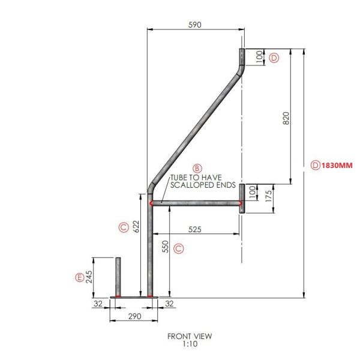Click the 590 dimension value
coord(194,25)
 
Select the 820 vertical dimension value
coord(286,118)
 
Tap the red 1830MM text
coord(337,166)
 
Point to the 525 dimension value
coord(194,229)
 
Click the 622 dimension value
coord(136,226)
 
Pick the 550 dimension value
coord(166,247)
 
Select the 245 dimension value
coord(89,277)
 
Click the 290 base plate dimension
coord(135,316)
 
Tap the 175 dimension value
coord(268,196)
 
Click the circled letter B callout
coord(197,168)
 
